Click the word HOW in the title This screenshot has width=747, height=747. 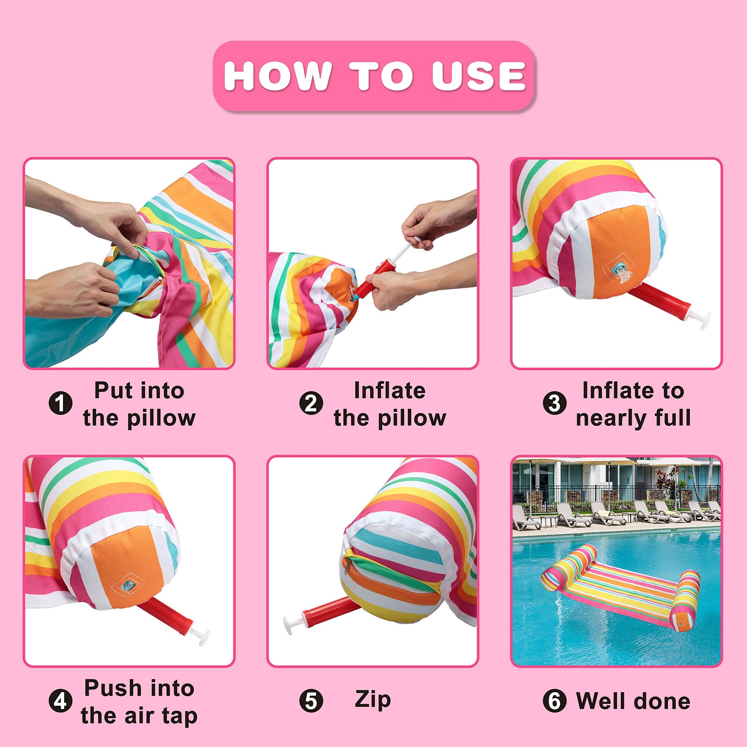pos(278,76)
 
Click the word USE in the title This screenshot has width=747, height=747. pos(479,76)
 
